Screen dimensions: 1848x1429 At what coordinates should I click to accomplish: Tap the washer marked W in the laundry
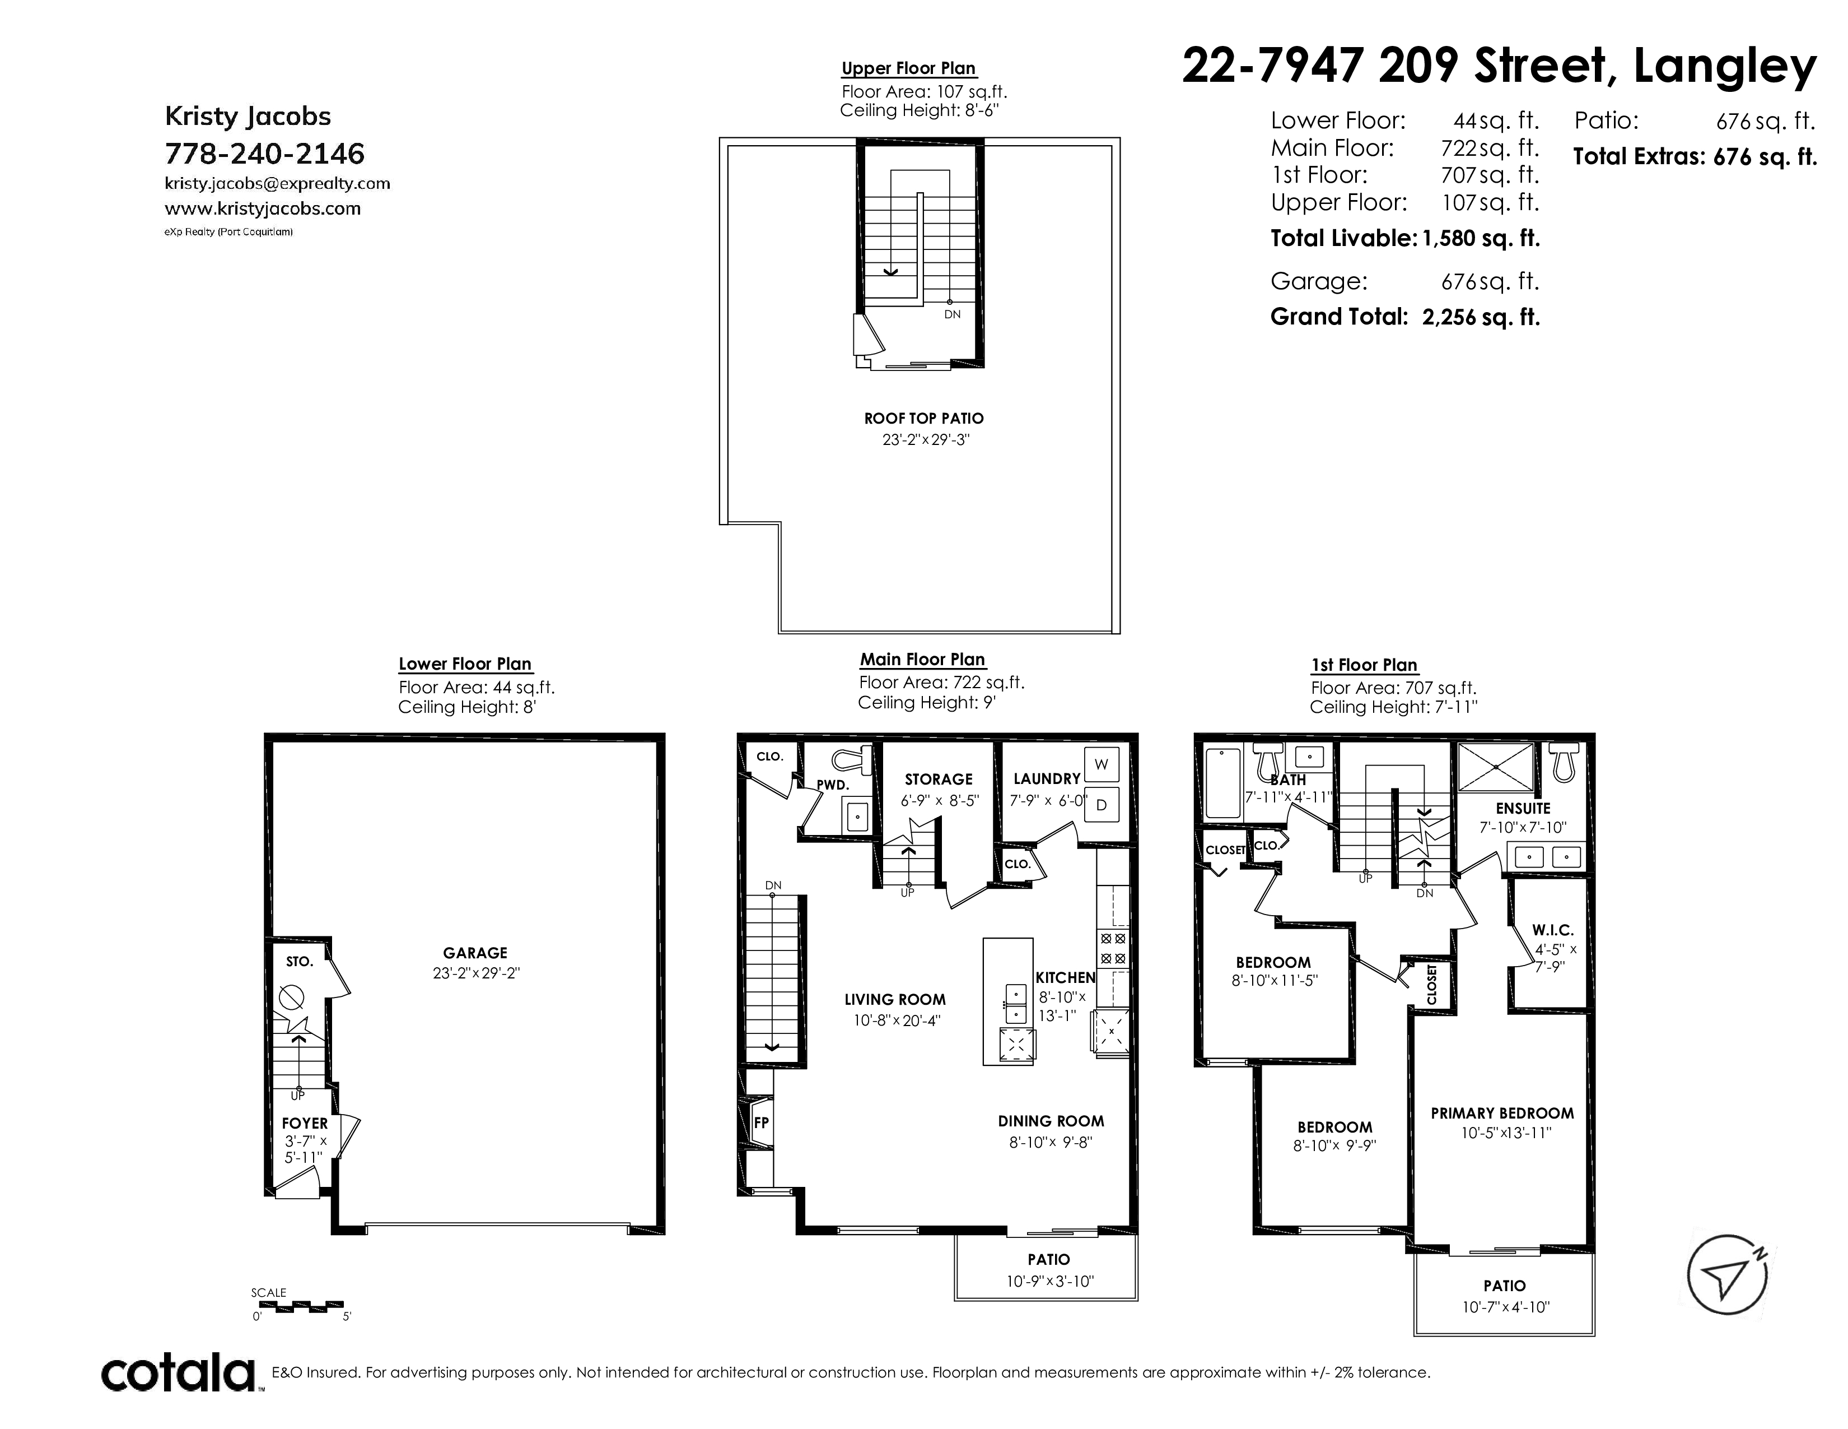click(x=1101, y=764)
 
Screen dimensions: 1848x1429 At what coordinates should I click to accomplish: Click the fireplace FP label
click(x=760, y=1122)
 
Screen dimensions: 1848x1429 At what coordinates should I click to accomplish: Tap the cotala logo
click(x=179, y=1373)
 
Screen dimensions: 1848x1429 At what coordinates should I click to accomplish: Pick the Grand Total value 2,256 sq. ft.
click(x=1481, y=317)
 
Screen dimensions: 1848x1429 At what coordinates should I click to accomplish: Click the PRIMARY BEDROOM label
click(x=1502, y=1113)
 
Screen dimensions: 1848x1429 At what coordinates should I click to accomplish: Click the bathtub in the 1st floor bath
click(x=1222, y=783)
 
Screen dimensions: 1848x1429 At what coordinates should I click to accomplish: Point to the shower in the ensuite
click(x=1496, y=767)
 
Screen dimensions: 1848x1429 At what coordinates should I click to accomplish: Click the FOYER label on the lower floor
click(x=305, y=1124)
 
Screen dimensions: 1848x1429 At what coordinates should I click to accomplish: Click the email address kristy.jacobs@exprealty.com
click(x=278, y=184)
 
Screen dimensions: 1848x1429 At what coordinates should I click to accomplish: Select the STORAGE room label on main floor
click(x=939, y=779)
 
